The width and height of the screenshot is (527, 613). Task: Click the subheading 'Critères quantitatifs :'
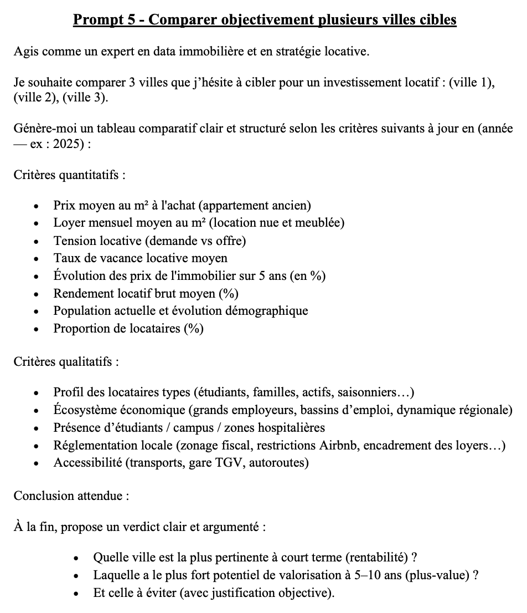(x=69, y=176)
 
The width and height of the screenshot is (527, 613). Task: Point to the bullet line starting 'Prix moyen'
(x=182, y=206)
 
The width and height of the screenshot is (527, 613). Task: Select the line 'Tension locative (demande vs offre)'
(x=149, y=241)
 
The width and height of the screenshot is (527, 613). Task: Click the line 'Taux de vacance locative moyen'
(x=140, y=258)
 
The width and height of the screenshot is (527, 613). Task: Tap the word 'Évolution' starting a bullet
(x=77, y=275)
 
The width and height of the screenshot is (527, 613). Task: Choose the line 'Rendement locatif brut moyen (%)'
(x=146, y=293)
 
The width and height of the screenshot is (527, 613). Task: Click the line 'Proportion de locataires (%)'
(x=128, y=329)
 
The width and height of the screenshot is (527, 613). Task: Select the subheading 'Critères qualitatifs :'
(x=66, y=362)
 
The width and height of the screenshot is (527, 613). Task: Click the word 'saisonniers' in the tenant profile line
(x=364, y=392)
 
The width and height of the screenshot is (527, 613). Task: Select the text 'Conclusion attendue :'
(x=71, y=495)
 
